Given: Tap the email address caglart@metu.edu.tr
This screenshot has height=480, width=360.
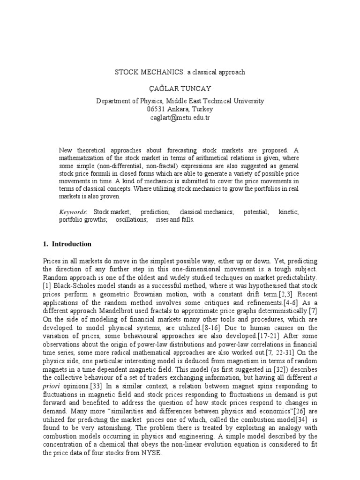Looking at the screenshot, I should click(x=180, y=118).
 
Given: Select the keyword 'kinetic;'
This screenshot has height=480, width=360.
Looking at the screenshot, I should click(x=288, y=212).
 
